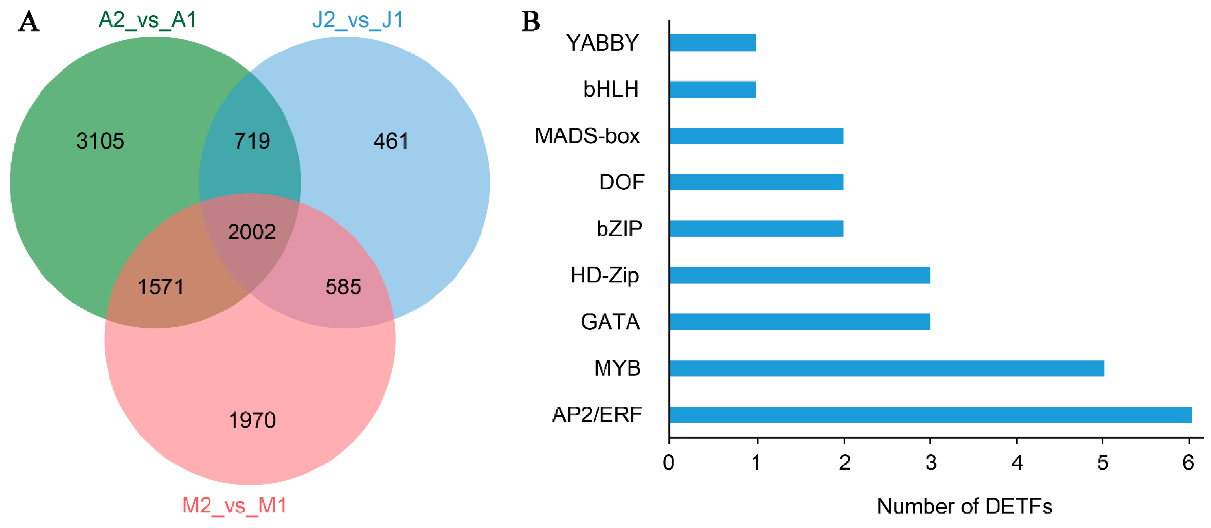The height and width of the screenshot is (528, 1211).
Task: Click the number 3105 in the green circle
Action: (x=100, y=141)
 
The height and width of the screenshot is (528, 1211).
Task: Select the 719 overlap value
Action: (x=253, y=141)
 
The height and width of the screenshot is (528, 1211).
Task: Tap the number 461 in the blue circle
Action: (x=391, y=141)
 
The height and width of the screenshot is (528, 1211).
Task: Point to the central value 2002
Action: (x=252, y=232)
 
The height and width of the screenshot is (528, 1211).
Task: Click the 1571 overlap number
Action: (x=161, y=287)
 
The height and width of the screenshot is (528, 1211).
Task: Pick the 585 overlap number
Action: (x=343, y=287)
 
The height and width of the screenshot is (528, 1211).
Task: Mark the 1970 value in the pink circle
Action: (x=252, y=420)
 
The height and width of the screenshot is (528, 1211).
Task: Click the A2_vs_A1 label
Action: (x=148, y=20)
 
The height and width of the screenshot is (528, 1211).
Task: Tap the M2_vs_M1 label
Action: (x=234, y=505)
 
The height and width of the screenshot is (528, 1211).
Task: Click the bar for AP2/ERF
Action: (x=930, y=415)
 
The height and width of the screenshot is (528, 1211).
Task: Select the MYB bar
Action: (x=887, y=368)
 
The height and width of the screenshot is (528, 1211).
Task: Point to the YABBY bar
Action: (x=713, y=43)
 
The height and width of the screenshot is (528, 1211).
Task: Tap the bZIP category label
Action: (x=619, y=229)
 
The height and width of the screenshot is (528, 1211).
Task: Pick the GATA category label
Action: (x=610, y=322)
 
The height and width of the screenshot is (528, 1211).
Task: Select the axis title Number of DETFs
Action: (x=965, y=506)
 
